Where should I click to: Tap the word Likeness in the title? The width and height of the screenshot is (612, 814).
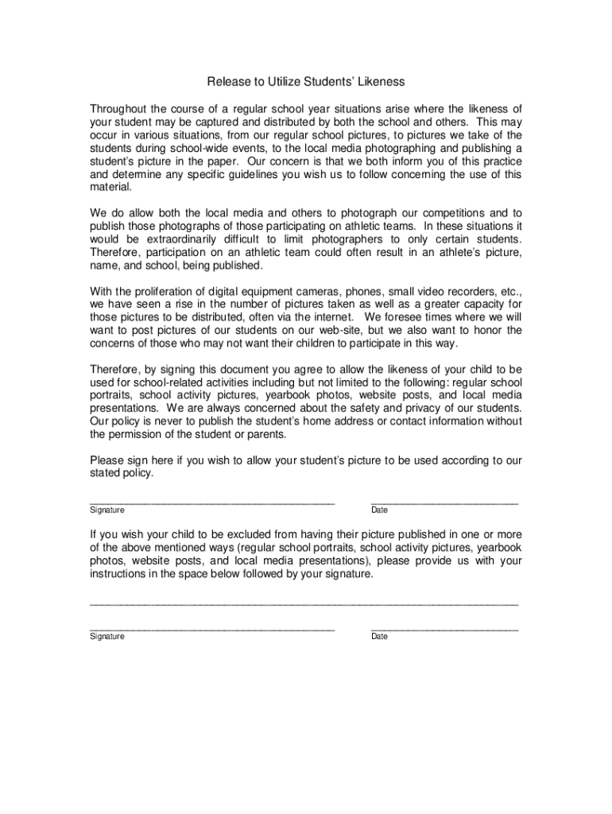(x=380, y=82)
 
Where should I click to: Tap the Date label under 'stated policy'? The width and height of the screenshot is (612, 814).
(x=379, y=510)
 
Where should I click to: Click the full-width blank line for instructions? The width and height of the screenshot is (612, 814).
(x=304, y=605)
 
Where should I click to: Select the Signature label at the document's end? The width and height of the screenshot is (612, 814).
(x=107, y=637)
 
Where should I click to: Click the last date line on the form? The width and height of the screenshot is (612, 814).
(x=444, y=630)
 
